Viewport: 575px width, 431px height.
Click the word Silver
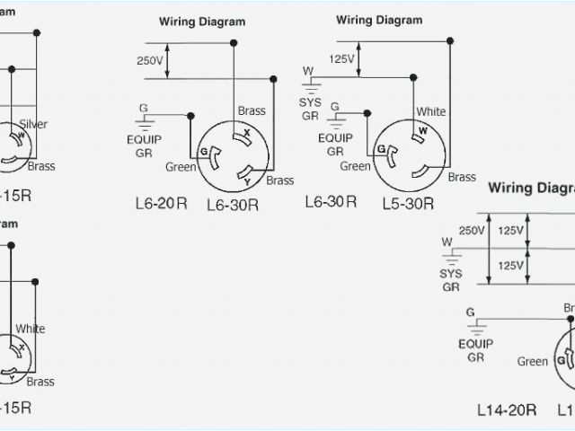(32, 124)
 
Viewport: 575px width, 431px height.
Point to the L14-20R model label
(507, 410)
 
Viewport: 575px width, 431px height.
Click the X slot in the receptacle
(243, 136)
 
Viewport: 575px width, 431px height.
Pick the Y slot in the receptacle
(243, 172)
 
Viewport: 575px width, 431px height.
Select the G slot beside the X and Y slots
(207, 154)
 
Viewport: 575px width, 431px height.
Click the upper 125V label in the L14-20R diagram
(510, 230)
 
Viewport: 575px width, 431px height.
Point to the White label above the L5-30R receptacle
(430, 111)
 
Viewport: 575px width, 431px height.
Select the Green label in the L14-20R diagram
(532, 362)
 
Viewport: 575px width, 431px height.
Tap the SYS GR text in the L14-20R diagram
(451, 279)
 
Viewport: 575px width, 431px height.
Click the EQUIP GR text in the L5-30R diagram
(335, 145)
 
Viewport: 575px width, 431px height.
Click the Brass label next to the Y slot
(280, 180)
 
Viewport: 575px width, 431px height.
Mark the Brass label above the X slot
(252, 110)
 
